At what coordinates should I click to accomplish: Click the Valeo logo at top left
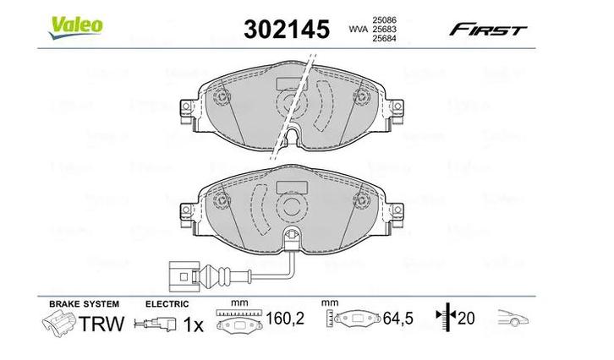(x=75, y=25)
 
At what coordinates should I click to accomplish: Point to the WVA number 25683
(x=385, y=29)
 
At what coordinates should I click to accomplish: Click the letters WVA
(x=358, y=29)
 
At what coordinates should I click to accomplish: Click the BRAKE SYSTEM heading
(x=85, y=303)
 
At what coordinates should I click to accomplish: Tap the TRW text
(x=101, y=324)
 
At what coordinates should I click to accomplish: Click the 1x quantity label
(x=194, y=324)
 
